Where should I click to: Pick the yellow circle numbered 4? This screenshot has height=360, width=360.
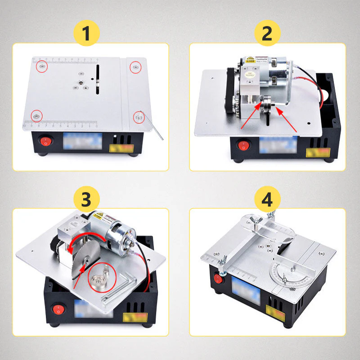[x=267, y=199]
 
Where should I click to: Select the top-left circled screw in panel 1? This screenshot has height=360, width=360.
[x=41, y=66]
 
